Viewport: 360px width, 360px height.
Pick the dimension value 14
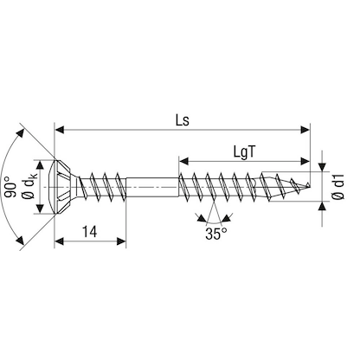tap(88, 232)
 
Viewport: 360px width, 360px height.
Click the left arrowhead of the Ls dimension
tap(59, 131)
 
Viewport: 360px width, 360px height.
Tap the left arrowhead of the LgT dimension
tap(184, 160)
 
